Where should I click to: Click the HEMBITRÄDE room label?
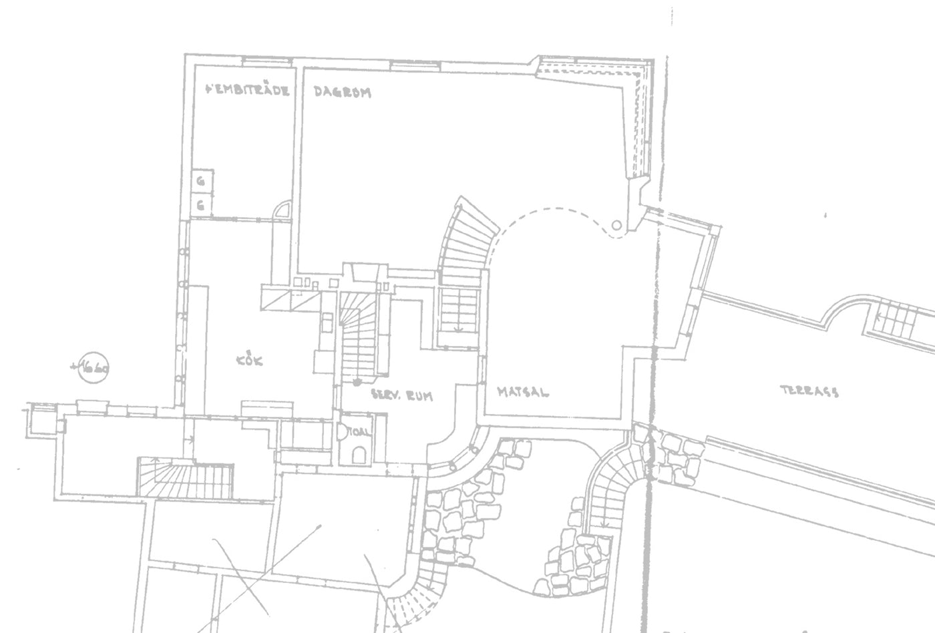point(248,90)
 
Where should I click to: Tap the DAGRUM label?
point(342,93)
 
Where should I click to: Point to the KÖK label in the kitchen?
point(250,361)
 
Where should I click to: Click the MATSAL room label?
point(524,392)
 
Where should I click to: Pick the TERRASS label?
point(809,391)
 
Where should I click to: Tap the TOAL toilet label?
point(359,432)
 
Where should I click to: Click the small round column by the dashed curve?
point(616,225)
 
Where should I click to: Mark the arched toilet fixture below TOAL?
point(359,454)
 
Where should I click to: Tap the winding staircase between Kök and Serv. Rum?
point(359,337)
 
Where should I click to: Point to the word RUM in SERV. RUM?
point(419,396)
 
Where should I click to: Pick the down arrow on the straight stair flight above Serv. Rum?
point(458,328)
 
